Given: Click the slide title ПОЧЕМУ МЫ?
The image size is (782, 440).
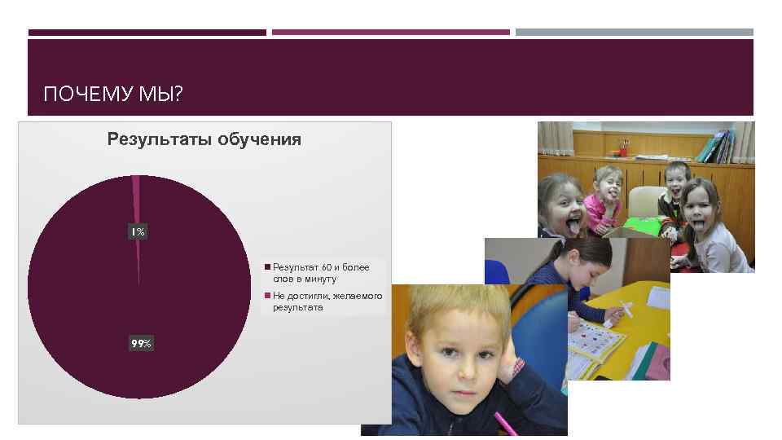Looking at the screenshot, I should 113,95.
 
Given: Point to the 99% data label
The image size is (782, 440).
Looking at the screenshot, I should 141,344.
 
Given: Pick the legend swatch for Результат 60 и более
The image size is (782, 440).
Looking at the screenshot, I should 266,267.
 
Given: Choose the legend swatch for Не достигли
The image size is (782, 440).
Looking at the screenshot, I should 266,296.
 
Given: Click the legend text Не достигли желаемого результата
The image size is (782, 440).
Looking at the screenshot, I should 327,301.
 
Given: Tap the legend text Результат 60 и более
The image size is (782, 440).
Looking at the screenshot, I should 321,273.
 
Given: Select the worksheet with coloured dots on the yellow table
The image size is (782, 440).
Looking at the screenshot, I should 595,341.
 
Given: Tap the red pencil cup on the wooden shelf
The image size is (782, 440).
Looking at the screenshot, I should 623,148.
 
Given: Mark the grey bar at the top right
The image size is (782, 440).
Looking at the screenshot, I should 635,33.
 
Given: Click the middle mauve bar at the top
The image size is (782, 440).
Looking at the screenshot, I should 390,33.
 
